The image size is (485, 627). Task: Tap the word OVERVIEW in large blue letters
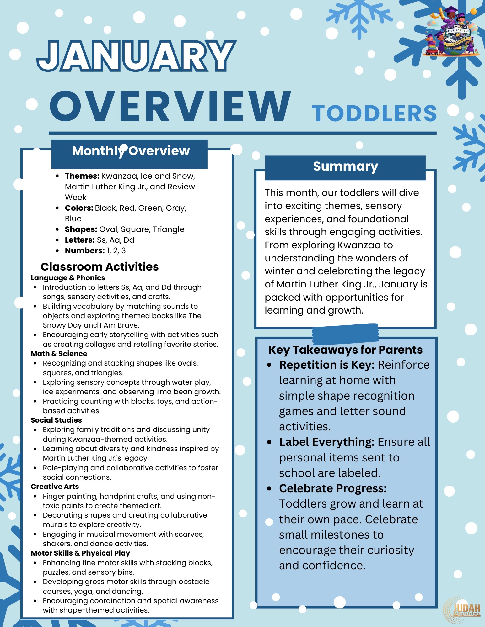170,107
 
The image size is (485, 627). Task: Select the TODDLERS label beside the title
374,113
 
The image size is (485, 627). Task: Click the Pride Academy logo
452,33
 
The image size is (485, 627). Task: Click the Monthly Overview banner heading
131,151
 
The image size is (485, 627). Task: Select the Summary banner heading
345,166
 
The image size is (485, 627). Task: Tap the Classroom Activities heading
100,266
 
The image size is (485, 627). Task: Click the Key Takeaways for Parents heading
345,350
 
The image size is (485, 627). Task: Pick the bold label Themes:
82,176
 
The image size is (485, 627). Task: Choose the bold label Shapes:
81,229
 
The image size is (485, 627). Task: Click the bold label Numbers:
84,251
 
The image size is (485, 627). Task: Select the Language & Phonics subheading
68,278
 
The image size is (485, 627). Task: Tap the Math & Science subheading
59,354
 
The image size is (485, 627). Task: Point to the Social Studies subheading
56,420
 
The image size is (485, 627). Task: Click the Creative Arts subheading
55,487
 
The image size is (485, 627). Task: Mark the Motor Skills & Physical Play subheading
80,553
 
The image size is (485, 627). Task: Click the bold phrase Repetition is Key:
327,365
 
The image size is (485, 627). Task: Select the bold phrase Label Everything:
326,442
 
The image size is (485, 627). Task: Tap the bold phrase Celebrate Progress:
333,488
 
